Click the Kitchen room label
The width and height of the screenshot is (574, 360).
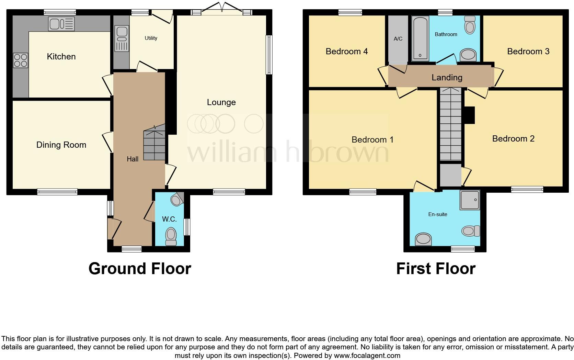(61, 57)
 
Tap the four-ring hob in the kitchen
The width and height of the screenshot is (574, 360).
(20, 60)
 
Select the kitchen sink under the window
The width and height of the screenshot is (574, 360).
(61, 24)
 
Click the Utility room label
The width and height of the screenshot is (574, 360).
(151, 38)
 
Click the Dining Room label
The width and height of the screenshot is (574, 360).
(61, 145)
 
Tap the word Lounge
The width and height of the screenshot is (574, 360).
(221, 102)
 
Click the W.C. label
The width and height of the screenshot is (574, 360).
(169, 220)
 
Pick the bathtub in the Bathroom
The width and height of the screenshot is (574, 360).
(420, 38)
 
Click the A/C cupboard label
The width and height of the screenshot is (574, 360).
(398, 39)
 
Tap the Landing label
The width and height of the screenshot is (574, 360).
(447, 78)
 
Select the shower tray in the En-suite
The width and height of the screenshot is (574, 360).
(469, 200)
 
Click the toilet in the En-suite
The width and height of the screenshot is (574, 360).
(471, 231)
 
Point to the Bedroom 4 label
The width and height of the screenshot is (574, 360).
(346, 52)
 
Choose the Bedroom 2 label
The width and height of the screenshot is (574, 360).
(513, 139)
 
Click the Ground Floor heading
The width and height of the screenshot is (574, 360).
(140, 269)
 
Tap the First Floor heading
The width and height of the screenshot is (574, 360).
(436, 269)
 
